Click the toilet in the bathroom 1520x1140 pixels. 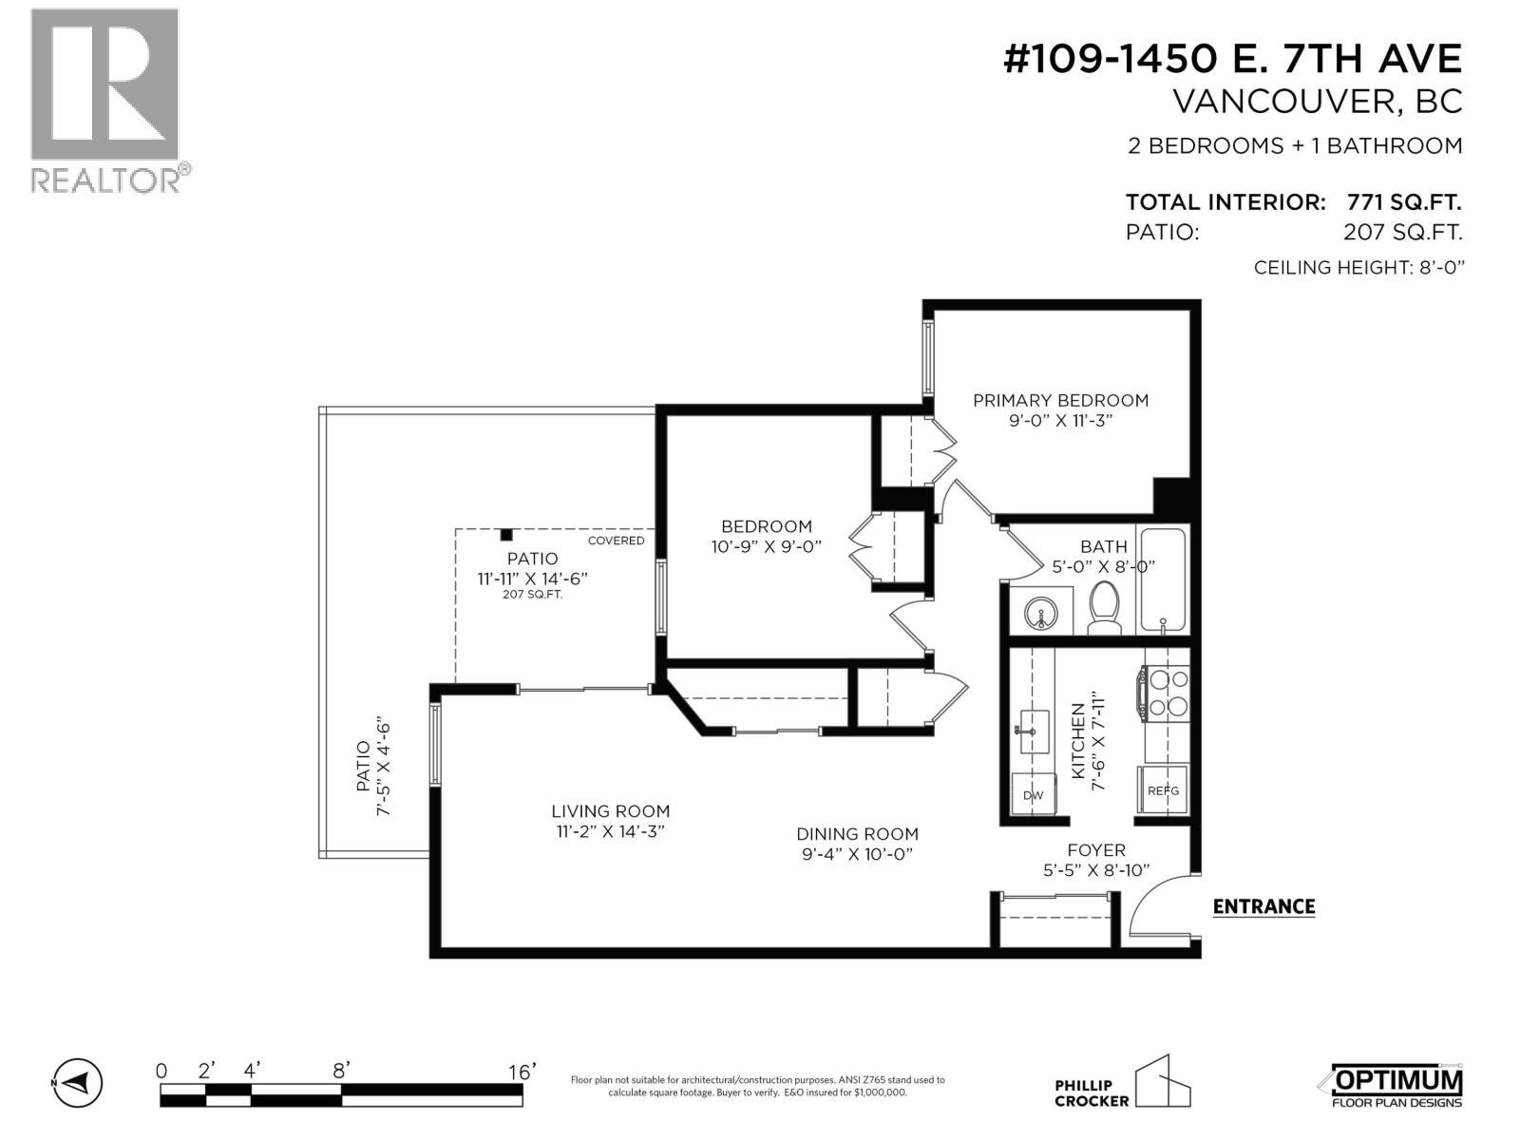coord(1103,607)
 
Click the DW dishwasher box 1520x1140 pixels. coord(1033,794)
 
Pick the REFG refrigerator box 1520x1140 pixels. coord(1163,790)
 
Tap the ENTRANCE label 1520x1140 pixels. coord(1263,906)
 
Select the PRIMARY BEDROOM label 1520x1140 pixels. coord(1060,401)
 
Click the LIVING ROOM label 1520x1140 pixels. coord(610,811)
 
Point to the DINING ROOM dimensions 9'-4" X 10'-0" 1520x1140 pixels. coord(857,854)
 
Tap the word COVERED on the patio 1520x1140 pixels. coord(616,541)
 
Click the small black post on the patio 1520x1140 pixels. coord(507,535)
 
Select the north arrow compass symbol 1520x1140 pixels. coord(76,1082)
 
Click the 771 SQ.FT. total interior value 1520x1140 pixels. coord(1403,202)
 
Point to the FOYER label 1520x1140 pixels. coord(1095,850)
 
